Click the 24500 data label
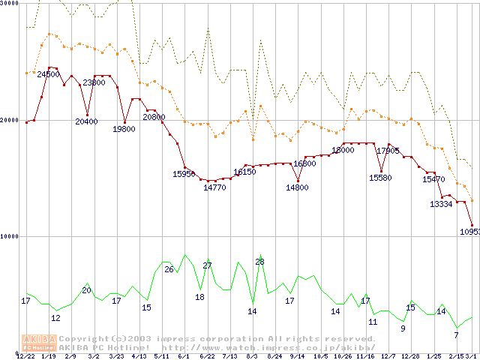click(x=48, y=74)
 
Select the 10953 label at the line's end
click(x=469, y=232)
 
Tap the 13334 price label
click(x=441, y=204)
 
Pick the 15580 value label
click(x=380, y=178)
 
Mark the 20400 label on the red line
click(x=86, y=121)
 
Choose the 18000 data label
click(x=343, y=150)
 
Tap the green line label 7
click(x=456, y=335)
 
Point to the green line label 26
click(x=169, y=269)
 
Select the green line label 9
click(x=403, y=328)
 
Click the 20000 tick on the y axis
click(x=9, y=120)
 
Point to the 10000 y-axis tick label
click(x=9, y=236)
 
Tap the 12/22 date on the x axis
click(x=25, y=356)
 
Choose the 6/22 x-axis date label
click(x=207, y=356)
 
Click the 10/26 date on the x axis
click(x=343, y=356)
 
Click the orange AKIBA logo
click(x=39, y=342)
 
